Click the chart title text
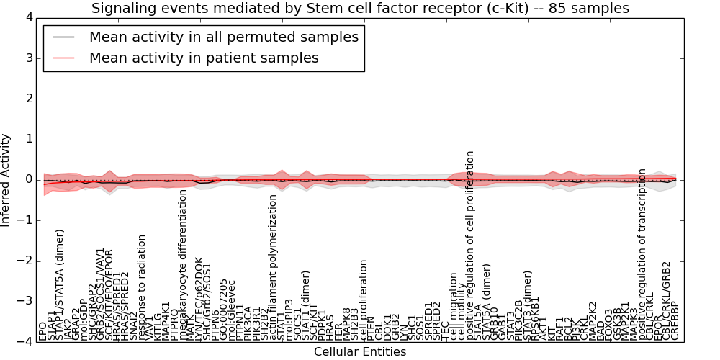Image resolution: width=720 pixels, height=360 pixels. pos(360,8)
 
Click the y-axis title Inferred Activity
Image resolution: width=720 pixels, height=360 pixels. pos(6,179)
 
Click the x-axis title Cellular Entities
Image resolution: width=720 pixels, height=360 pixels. pos(359,351)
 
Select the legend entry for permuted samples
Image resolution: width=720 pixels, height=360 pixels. pos(223,37)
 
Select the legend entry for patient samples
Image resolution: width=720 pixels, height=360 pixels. pos(204,58)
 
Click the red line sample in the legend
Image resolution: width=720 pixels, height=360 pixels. pos(63,58)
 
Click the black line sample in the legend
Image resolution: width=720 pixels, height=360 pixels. pos(63,37)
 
